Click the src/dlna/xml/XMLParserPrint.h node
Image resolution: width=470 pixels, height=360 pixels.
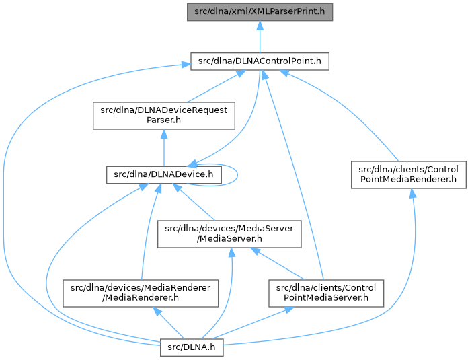tap(260, 12)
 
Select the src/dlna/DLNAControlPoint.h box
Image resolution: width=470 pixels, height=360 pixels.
tap(260, 61)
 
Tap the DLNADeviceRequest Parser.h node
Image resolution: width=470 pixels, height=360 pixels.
tap(163, 116)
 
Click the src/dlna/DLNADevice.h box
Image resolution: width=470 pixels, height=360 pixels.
tap(164, 174)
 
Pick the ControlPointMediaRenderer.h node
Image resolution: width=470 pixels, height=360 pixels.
tap(409, 174)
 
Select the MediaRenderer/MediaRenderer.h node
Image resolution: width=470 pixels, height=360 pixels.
tap(141, 293)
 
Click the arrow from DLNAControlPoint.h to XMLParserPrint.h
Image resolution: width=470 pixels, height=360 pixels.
tap(260, 36)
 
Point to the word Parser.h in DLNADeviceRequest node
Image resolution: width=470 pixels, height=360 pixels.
tap(163, 121)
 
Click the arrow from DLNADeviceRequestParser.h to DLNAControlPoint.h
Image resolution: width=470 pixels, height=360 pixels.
tap(208, 87)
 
